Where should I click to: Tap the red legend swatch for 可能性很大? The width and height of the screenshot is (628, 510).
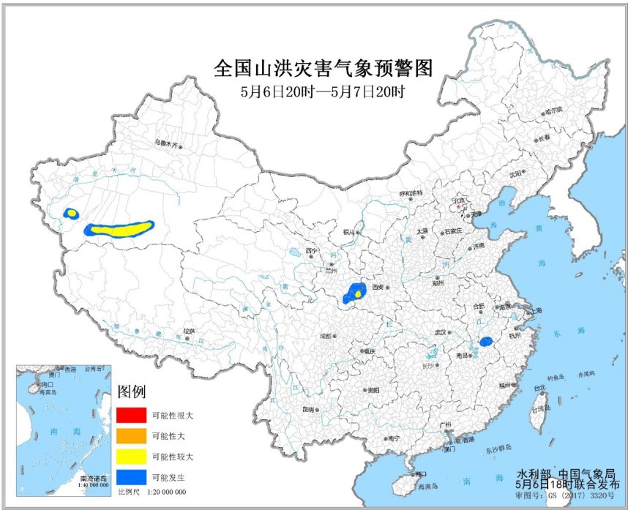coord(131,415)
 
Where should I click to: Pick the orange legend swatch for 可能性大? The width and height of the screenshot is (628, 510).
coord(131,435)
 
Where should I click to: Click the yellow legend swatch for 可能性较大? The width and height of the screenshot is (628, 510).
coord(131,456)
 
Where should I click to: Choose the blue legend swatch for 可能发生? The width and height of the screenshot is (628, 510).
coord(131,476)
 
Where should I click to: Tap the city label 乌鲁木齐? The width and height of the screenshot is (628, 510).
coord(165,143)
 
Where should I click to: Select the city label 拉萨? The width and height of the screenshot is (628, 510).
coord(190,331)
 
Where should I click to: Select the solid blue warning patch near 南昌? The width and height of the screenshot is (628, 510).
coord(485,341)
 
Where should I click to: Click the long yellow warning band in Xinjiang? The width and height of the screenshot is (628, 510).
coord(121,230)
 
